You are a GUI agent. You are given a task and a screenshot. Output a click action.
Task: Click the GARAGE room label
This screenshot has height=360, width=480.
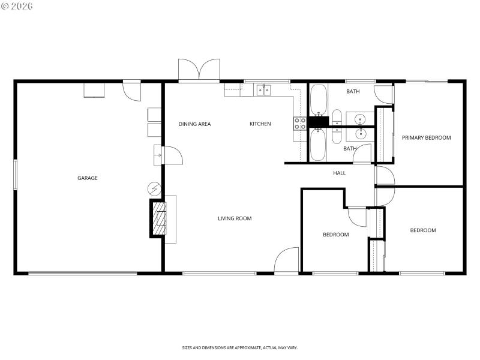coord(87,178)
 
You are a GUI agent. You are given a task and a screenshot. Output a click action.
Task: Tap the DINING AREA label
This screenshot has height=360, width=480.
coord(194,124)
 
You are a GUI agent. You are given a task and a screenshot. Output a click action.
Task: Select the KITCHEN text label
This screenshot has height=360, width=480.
coord(260,124)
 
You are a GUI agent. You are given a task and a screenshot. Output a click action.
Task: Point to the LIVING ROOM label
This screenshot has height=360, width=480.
coord(234,218)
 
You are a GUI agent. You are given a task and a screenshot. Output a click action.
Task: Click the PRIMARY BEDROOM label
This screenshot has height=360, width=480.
coord(426,138)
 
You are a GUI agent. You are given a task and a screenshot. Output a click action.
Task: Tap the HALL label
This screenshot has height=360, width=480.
coord(340,173)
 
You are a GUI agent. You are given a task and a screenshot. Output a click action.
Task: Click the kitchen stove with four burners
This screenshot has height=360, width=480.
coord(299,124)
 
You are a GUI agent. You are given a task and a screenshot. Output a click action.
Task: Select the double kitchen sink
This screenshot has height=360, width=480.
coord(263,91)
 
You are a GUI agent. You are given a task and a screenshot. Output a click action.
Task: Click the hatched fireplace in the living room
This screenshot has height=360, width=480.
coord(158,218)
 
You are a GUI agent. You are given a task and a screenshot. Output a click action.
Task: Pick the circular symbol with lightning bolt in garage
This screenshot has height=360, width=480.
coord(154,188)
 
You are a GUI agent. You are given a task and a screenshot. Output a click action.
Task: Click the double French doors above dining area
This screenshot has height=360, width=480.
coord(198,71)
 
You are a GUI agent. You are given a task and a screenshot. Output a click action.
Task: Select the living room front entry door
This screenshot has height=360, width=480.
coord(287,262)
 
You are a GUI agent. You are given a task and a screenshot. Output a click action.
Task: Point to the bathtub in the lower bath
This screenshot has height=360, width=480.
coord(318,145)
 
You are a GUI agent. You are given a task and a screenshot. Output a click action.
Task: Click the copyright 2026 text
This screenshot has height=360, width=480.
coord(17,6)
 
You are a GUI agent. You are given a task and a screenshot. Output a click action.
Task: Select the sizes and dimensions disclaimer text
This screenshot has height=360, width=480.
coord(240,347)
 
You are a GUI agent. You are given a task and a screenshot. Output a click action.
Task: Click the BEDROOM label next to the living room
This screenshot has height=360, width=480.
coord(335,235)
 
